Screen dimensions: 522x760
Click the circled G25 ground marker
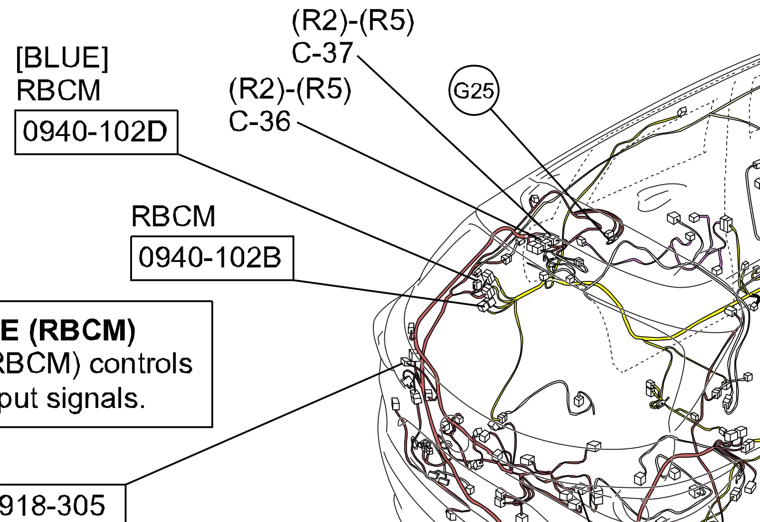point(474,90)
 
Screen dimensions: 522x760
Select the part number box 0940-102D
point(96,132)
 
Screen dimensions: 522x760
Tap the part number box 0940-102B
point(212,258)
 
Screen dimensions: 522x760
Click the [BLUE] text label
point(62,58)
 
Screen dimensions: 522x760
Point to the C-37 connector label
point(323,52)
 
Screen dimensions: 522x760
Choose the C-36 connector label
point(260,121)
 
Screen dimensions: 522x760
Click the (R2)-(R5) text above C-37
point(353,20)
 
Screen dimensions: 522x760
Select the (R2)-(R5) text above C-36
point(290,89)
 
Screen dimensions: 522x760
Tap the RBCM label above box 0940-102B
point(173,216)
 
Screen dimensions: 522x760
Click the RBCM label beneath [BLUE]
point(58,90)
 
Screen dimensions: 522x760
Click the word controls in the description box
point(141,364)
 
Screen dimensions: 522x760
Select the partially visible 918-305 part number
point(52,505)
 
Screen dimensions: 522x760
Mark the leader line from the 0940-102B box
point(380,291)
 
